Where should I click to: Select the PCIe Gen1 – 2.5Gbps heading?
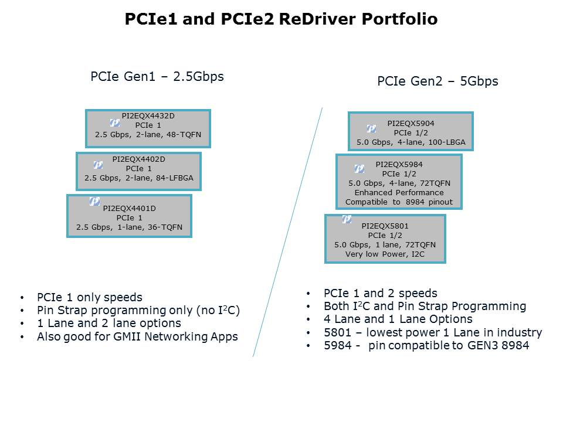pos(157,76)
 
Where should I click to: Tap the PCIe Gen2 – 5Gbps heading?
pos(437,81)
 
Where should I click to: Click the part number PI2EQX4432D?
pos(147,115)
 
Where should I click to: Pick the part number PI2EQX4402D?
pos(138,159)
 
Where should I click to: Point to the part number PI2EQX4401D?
pos(129,208)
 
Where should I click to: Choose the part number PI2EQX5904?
pos(411,124)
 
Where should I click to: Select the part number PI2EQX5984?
pos(398,165)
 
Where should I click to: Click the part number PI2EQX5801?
pos(385,226)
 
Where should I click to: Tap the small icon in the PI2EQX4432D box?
pos(115,122)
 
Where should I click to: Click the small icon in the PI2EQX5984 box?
pos(359,169)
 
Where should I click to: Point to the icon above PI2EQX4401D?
pos(94,201)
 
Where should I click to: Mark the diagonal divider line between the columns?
pos(287,232)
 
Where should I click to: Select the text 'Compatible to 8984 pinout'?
pos(398,202)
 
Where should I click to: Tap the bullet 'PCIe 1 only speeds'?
pos(90,297)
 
